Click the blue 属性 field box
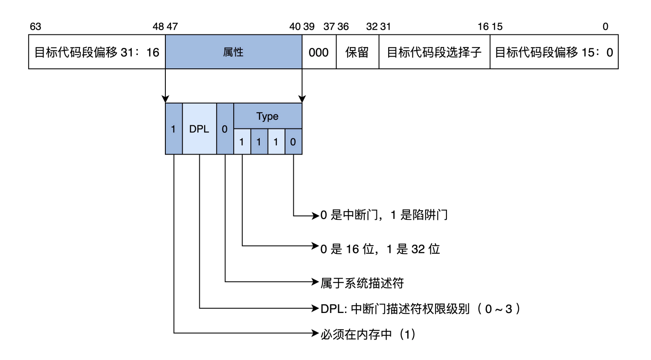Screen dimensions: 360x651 tap(233, 52)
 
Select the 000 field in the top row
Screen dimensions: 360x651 tap(319, 52)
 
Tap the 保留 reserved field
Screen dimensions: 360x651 tap(357, 52)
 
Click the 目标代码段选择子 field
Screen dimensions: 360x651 tap(434, 52)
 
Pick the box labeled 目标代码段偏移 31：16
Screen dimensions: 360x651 tap(97, 52)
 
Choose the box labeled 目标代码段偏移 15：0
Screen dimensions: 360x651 tap(554, 52)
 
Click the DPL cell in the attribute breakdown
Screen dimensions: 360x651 tap(199, 129)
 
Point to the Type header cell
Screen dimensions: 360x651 tap(267, 116)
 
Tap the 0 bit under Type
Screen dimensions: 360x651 tap(293, 142)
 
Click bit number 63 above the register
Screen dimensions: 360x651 tap(35, 27)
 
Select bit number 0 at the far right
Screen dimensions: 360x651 tap(605, 27)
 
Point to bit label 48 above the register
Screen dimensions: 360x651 tap(158, 27)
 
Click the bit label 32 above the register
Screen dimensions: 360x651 tap(372, 27)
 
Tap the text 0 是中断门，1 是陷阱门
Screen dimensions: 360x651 tap(384, 215)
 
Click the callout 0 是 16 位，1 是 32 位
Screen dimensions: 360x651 tap(380, 249)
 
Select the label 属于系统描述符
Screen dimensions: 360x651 tap(362, 283)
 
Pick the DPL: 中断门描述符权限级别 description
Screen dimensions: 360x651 tap(420, 309)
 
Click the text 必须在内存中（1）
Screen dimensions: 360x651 tap(368, 334)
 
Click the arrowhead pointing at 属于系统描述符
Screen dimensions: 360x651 tap(316, 282)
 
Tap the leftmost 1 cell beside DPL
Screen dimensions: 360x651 tap(173, 129)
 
